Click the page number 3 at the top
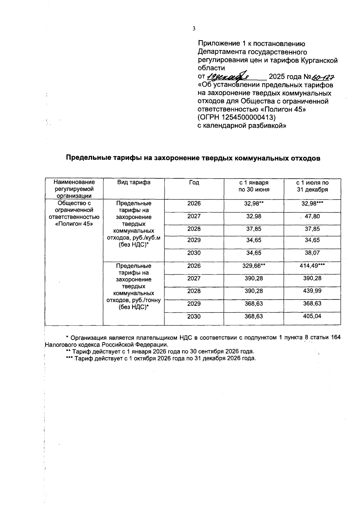click(194, 29)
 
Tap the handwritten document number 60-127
click(323, 77)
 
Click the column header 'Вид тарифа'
click(133, 182)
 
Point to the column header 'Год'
click(194, 182)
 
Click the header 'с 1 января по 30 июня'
click(253, 186)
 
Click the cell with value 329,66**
click(253, 266)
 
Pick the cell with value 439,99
click(312, 291)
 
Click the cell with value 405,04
click(312, 316)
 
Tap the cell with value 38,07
click(312, 253)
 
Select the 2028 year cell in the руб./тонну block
click(194, 291)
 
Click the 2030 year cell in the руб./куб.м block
click(194, 253)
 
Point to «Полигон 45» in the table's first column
click(74, 224)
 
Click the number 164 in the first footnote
click(335, 338)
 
